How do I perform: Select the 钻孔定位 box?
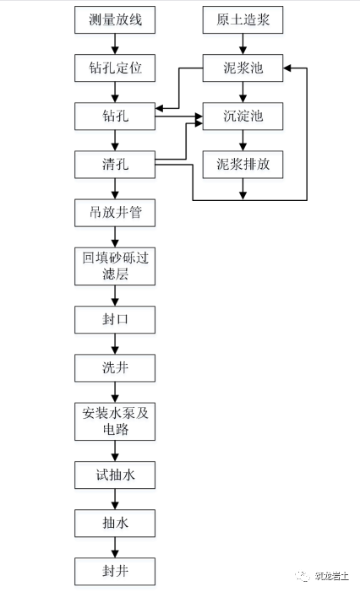(x=115, y=68)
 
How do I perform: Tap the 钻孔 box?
(x=115, y=116)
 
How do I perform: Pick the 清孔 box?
(x=115, y=164)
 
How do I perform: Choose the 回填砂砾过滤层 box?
(x=115, y=266)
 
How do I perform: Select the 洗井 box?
(x=115, y=368)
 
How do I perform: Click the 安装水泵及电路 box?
(x=115, y=422)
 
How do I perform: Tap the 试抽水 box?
(x=115, y=476)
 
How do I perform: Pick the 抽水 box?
(x=115, y=524)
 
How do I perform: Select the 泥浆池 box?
(x=243, y=68)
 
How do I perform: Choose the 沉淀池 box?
(x=243, y=116)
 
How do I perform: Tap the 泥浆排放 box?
(x=243, y=164)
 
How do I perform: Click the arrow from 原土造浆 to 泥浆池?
(x=243, y=45)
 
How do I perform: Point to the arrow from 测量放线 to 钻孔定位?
(x=115, y=45)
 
